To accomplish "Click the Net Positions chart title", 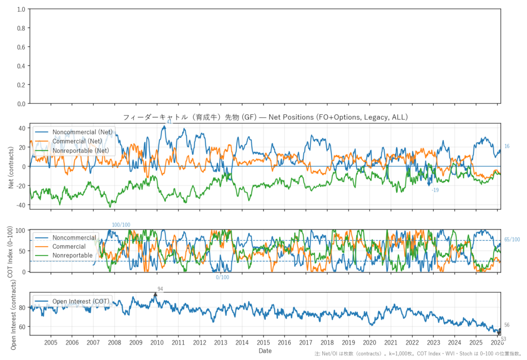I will coord(265,117).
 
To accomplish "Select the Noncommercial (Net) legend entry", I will coord(82,132).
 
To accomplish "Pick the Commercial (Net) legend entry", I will coord(77,141).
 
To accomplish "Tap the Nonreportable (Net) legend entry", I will coord(81,150).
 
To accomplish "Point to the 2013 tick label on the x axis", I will coord(220,342).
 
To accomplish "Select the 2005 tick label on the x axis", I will coord(50,342).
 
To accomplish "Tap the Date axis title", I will coord(265,351).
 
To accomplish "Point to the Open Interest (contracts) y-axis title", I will coord(13,314).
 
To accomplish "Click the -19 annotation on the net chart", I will coord(435,191).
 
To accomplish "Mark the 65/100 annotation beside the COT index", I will coord(512,239).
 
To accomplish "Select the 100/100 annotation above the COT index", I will coord(121,225).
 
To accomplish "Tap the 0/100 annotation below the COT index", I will coord(222,278).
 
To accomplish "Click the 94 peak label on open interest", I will coord(160,289).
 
